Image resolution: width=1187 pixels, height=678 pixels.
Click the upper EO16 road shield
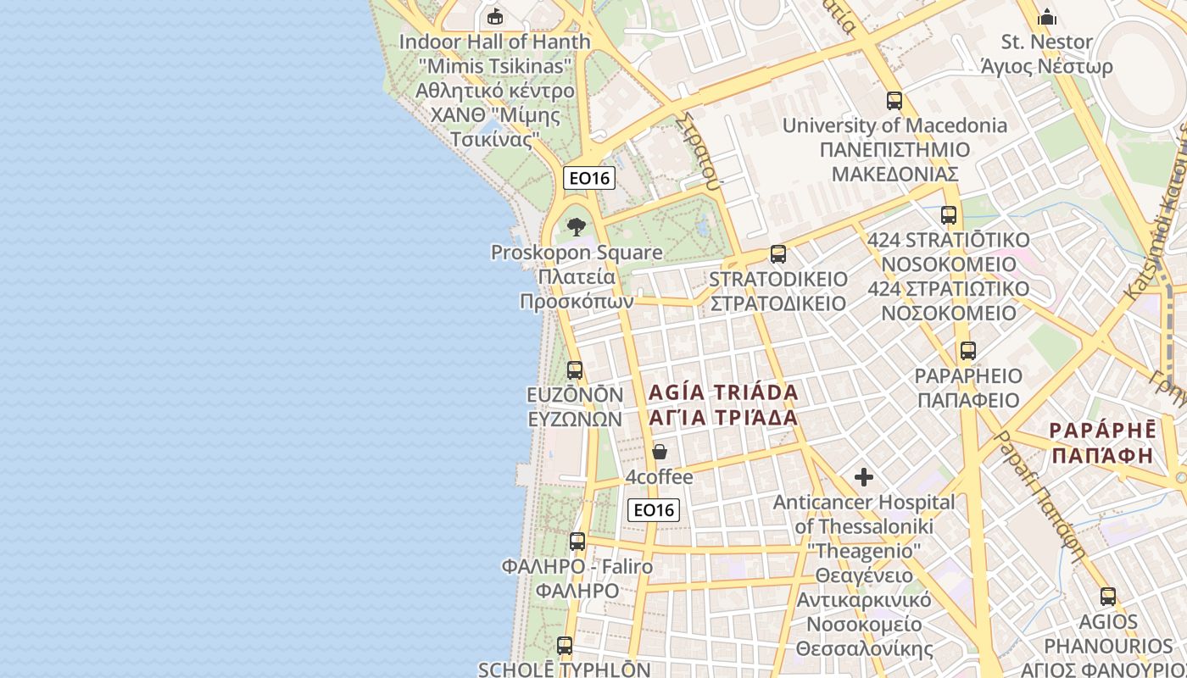tap(588, 178)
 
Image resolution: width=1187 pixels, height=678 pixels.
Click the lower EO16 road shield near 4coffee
tap(654, 509)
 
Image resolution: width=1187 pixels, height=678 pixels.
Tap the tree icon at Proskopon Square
tap(577, 227)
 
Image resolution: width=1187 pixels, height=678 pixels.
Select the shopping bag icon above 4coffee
tap(660, 452)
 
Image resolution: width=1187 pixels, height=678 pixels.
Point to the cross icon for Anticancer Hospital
tap(864, 477)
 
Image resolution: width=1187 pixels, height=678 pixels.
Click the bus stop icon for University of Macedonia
tap(894, 101)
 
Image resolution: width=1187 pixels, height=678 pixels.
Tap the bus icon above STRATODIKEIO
tap(777, 253)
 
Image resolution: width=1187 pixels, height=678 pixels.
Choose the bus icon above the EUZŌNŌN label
tap(575, 370)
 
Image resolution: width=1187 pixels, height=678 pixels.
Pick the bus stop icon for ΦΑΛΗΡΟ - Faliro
tap(577, 541)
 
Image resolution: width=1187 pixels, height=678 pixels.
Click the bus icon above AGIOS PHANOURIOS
tap(1108, 596)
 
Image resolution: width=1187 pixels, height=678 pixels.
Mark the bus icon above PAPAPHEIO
tap(967, 350)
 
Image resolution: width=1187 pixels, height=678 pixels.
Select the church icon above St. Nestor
tap(1047, 17)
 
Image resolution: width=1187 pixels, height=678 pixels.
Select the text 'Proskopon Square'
tap(577, 253)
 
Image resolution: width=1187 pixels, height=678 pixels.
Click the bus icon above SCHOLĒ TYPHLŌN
tap(565, 645)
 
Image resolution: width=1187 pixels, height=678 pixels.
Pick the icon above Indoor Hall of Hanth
tap(494, 16)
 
